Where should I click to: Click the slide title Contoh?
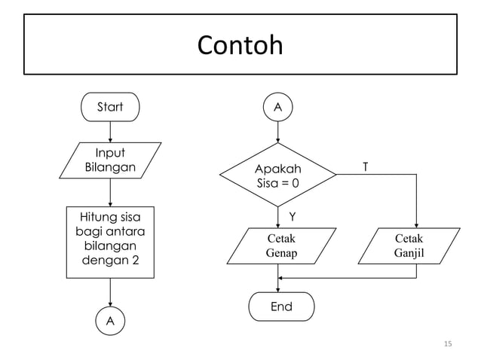pos(240,46)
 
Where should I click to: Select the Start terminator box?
pos(110,107)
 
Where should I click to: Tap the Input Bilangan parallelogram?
pos(110,160)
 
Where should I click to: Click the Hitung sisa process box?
pos(110,242)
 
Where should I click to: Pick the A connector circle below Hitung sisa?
pos(110,321)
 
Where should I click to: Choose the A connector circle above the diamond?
pos(278,108)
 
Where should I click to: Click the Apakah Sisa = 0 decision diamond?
pos(278,175)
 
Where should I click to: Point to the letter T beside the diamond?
pos(366,166)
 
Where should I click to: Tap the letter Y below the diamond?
pos(292,217)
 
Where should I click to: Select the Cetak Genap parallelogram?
pos(280,246)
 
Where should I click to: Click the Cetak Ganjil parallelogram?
pos(408,246)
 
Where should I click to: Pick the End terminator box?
pos(281,307)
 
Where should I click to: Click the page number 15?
pos(448,344)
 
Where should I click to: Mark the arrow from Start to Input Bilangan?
pos(110,131)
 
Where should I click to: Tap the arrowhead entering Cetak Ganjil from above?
pos(416,224)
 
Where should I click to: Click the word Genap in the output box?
pos(281,254)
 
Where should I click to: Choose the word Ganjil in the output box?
pos(409,254)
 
